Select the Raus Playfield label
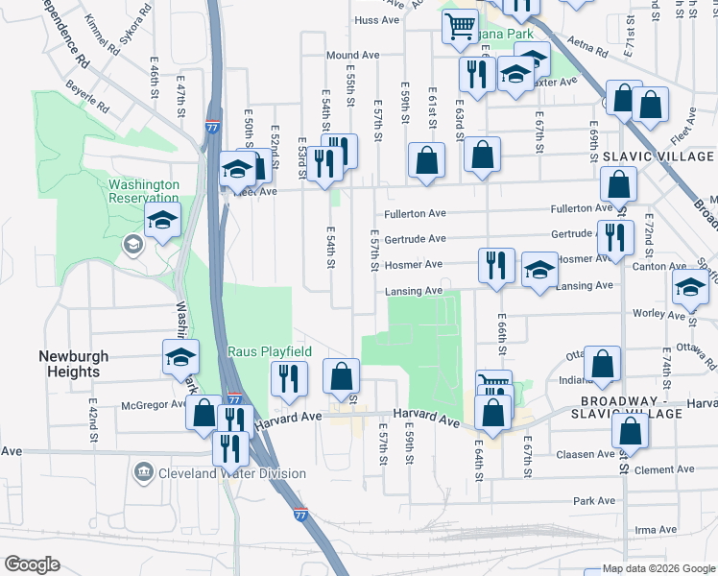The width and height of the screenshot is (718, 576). (x=269, y=352)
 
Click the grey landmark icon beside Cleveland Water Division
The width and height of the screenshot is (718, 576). (x=144, y=472)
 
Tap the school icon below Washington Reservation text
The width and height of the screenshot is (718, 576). (x=162, y=220)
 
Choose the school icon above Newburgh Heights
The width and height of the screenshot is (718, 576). (x=180, y=357)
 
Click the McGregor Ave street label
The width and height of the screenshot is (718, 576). (x=153, y=405)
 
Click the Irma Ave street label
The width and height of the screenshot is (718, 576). (x=657, y=530)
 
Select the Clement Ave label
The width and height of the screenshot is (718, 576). (x=657, y=470)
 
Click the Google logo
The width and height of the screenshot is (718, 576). (x=32, y=564)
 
